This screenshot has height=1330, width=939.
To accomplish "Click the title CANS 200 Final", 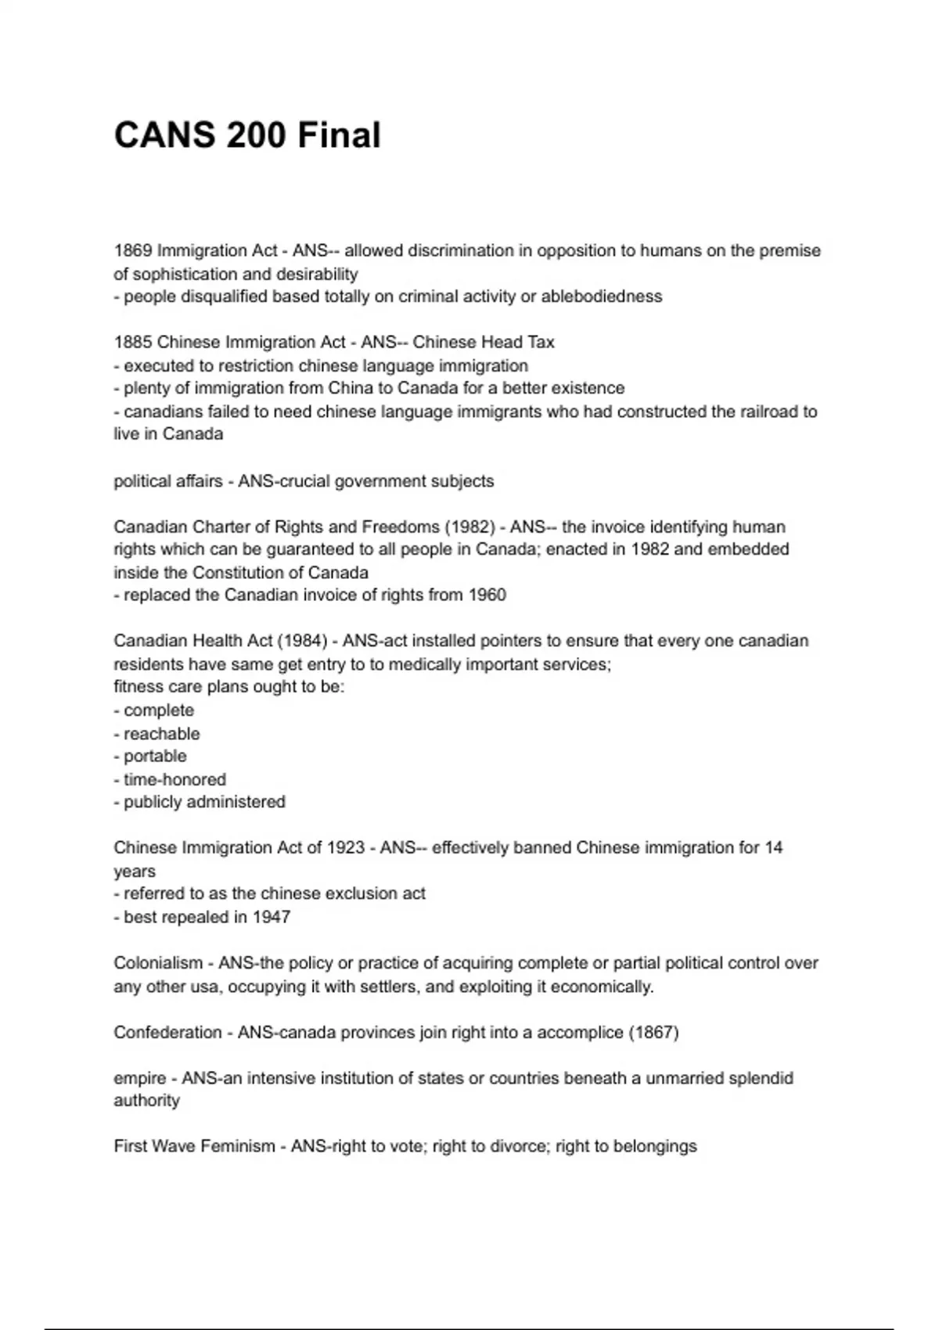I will point(247,135).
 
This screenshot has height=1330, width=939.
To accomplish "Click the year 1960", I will point(487,595).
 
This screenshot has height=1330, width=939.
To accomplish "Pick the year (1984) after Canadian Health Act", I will point(302,641).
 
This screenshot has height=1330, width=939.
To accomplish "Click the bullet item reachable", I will point(161,734).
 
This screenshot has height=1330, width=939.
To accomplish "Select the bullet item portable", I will point(155,757).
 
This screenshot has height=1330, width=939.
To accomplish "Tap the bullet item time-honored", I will point(174,779).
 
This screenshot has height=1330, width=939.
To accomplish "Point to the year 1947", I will point(271,917).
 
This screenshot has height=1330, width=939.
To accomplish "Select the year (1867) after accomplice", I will point(653,1032).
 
